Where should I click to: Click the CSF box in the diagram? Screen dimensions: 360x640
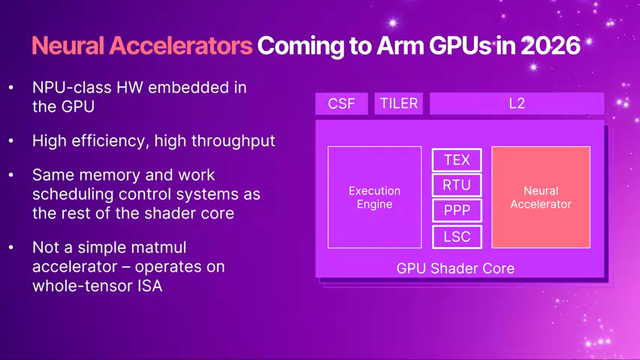(x=341, y=103)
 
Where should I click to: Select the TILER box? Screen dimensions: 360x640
(x=398, y=103)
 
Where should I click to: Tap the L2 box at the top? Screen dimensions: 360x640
(x=516, y=103)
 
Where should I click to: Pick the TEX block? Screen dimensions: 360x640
(x=456, y=160)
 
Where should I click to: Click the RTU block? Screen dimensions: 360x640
(x=456, y=185)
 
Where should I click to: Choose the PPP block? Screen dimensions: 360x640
(x=456, y=210)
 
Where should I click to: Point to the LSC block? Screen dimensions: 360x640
(x=456, y=236)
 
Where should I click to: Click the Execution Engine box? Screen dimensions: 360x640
(x=374, y=197)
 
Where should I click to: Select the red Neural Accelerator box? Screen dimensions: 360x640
(x=540, y=197)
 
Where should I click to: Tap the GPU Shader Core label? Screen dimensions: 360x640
(x=455, y=268)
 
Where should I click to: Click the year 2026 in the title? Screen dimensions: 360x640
(x=550, y=46)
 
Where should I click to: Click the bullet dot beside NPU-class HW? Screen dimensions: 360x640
(x=11, y=88)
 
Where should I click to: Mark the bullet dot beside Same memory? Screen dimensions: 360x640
(x=11, y=175)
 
